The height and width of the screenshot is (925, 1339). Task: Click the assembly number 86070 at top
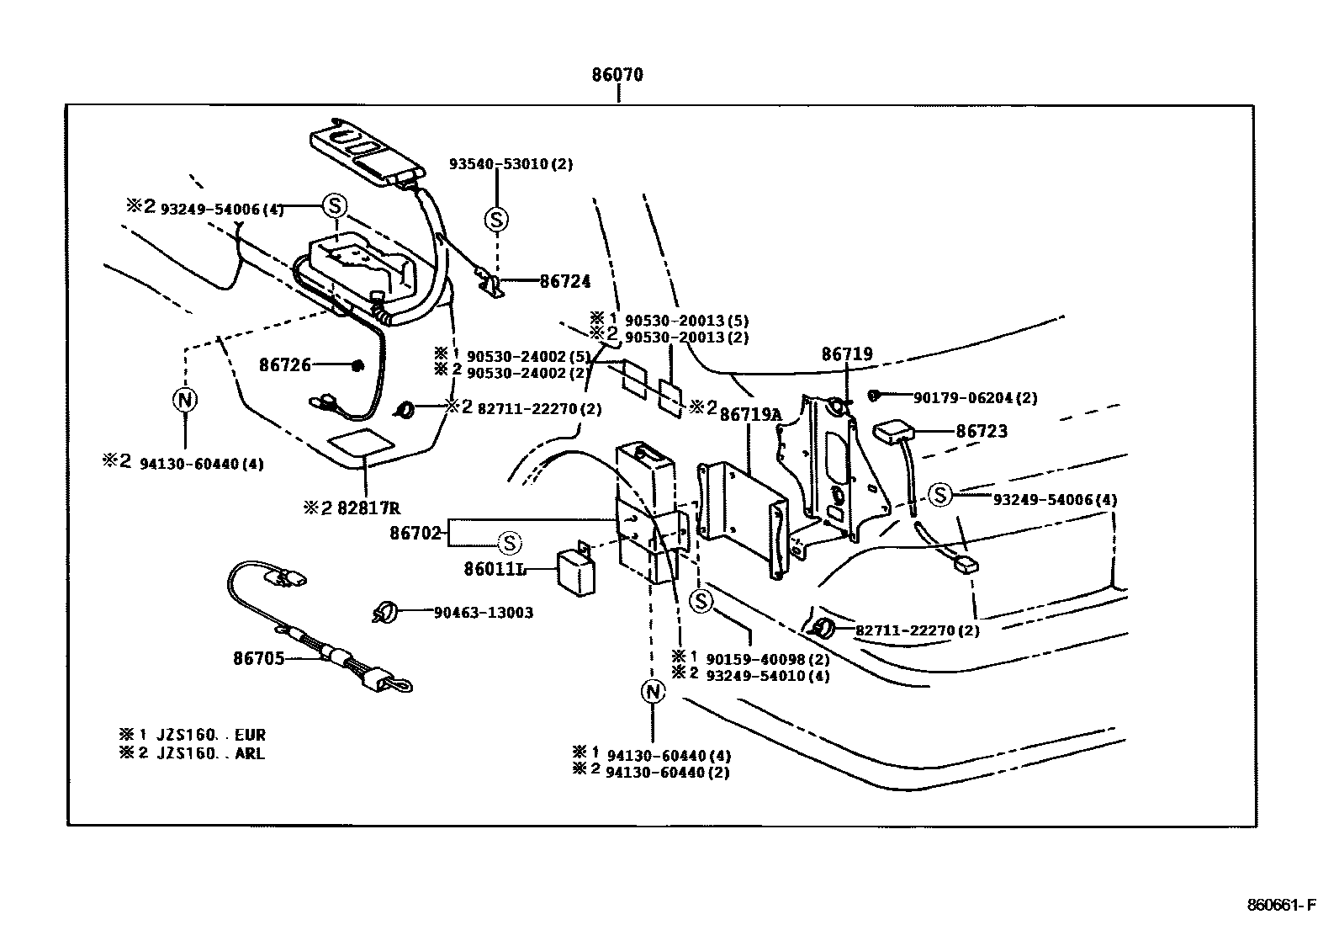(x=617, y=75)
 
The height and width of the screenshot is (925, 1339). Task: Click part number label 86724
(x=564, y=281)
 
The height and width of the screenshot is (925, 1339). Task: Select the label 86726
(x=285, y=365)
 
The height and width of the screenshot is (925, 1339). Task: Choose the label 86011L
(x=495, y=569)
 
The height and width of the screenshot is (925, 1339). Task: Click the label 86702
(x=415, y=533)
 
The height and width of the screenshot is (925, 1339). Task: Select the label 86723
(x=981, y=431)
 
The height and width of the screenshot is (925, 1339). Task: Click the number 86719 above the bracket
(x=847, y=355)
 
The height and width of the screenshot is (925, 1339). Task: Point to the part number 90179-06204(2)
(x=975, y=398)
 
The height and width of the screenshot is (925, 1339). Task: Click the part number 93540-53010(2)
(x=510, y=164)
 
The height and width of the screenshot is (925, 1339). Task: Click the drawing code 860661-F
(x=1280, y=906)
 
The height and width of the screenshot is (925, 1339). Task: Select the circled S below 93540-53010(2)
(x=496, y=220)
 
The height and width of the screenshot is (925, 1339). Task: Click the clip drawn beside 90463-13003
(x=384, y=612)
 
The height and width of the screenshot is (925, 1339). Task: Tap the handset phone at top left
(x=365, y=152)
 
